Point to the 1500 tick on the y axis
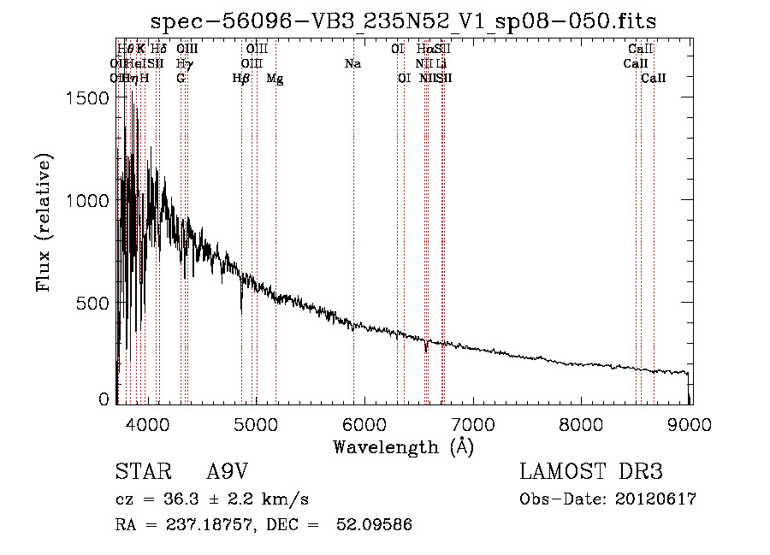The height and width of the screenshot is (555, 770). [x=88, y=97]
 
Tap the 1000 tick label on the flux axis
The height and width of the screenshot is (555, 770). [x=88, y=200]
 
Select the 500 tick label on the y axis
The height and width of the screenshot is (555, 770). [x=94, y=303]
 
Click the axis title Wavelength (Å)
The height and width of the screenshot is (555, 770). [x=404, y=446]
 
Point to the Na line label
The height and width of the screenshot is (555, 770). [x=352, y=64]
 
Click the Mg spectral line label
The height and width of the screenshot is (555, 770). [x=275, y=79]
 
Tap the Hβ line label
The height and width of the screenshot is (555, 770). [x=241, y=79]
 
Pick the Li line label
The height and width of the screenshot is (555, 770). [x=441, y=64]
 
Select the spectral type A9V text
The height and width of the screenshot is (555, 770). [x=228, y=473]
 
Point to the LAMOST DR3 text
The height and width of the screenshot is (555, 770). [x=590, y=473]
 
